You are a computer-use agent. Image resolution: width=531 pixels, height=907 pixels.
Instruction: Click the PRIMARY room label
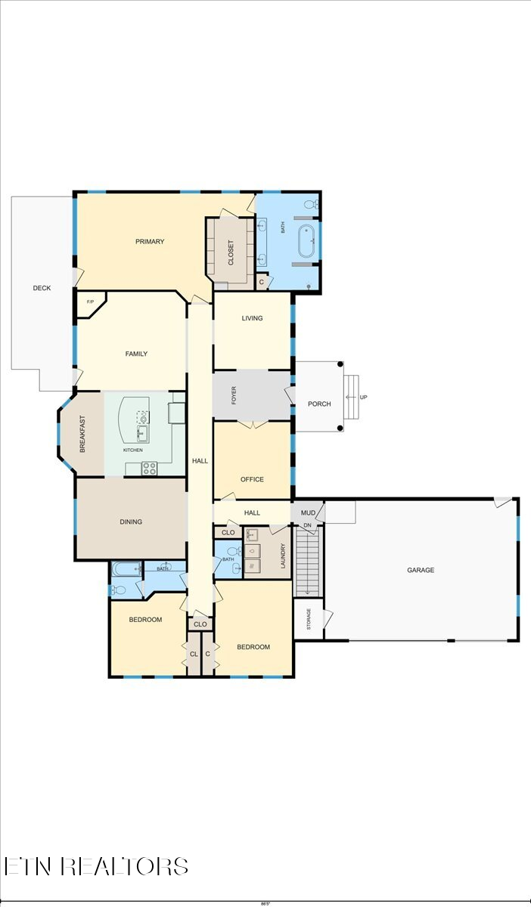[150, 242]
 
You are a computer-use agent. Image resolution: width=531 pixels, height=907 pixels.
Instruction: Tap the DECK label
[42, 288]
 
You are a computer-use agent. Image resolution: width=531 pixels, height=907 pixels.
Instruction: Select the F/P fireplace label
[90, 302]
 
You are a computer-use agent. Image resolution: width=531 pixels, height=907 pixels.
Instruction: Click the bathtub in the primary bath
[306, 241]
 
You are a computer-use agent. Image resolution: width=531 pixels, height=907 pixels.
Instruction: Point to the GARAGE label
[421, 571]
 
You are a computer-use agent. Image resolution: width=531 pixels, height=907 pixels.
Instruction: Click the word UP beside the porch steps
[364, 398]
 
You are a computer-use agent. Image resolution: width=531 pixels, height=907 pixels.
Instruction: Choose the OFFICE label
[252, 479]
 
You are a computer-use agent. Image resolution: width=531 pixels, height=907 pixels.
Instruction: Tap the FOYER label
[234, 395]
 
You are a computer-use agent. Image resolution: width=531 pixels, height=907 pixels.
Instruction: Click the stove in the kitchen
[149, 469]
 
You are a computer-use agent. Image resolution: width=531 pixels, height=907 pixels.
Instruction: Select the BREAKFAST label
[82, 435]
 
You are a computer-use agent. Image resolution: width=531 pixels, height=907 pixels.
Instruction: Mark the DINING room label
[131, 522]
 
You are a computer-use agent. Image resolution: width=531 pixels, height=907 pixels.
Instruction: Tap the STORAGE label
[308, 618]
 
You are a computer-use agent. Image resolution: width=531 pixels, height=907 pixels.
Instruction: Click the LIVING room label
[252, 318]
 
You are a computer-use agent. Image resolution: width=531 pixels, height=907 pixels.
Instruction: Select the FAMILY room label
[136, 354]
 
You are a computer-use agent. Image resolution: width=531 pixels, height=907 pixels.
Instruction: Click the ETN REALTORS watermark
[96, 866]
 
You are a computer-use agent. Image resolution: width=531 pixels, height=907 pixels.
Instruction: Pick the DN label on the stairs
[307, 525]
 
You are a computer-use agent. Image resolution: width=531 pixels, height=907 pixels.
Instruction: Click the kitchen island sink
[142, 432]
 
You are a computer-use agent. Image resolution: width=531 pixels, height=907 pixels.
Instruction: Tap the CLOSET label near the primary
[231, 252]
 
